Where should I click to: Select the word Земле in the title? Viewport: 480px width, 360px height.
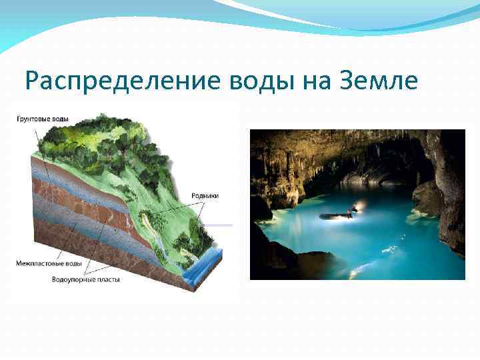point(381,82)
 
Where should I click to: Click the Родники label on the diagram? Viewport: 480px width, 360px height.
point(205,195)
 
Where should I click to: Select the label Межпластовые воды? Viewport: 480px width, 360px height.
point(49,264)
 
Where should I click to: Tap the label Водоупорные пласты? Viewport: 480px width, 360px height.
point(86,279)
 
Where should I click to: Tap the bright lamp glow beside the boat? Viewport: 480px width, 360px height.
point(361,207)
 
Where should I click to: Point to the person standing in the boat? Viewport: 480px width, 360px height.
point(351,213)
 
